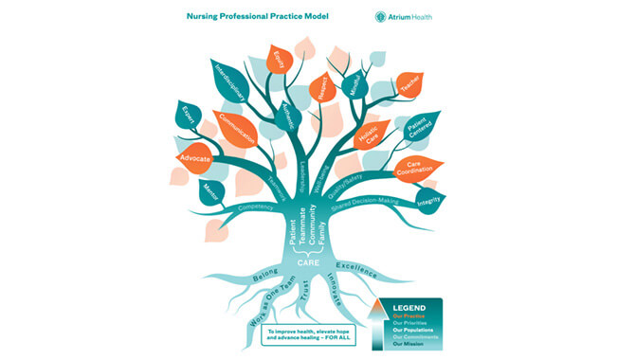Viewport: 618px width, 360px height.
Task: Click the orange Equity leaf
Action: tap(281, 61)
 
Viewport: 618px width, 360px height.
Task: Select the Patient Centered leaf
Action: tap(419, 127)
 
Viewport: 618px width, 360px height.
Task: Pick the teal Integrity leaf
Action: tap(429, 199)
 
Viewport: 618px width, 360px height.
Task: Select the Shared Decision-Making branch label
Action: tap(367, 203)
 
